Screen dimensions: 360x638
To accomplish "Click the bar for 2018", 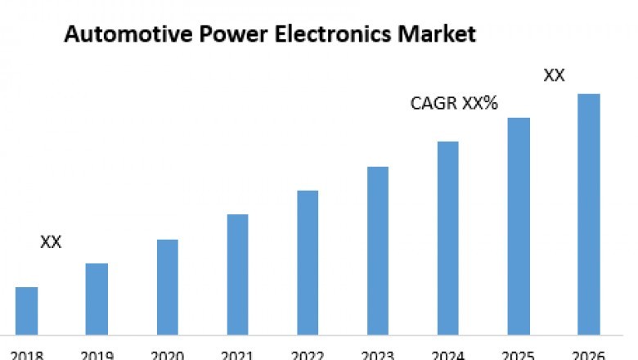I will pos(26,311).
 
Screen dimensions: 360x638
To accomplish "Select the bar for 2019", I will pos(97,299).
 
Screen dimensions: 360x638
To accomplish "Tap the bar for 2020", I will pos(167,287).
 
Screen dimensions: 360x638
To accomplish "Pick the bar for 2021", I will pos(237,274).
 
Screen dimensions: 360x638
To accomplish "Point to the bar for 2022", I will pos(308,263).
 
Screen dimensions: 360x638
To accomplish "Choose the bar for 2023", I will pos(378,250).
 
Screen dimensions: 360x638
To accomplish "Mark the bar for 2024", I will pos(448,238).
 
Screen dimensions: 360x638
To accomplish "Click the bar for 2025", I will pos(519,226).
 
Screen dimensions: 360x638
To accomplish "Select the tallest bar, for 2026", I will pos(589,214).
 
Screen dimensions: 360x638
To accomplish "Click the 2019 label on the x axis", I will pos(97,355).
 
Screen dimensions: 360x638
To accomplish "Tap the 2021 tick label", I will pos(237,355).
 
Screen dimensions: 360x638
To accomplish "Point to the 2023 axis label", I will pos(378,355).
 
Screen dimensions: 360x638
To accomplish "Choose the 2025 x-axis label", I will pos(519,355).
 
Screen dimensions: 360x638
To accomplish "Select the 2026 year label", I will pos(589,355).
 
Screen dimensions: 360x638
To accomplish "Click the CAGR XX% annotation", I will pos(454,104).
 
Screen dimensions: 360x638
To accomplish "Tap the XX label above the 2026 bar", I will pos(555,76).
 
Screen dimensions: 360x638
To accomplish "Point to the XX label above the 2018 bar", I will pos(51,242).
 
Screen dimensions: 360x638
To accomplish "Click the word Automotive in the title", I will pos(115,35).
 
